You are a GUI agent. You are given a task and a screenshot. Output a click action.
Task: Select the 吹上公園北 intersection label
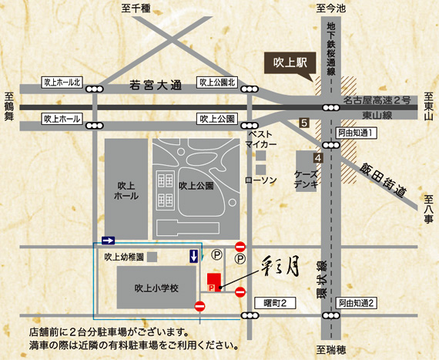[219, 81]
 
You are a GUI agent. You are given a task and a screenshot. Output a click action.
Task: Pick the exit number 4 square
[317, 157]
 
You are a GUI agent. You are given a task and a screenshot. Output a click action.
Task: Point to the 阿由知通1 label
[355, 133]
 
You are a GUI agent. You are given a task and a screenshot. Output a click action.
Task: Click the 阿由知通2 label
[356, 302]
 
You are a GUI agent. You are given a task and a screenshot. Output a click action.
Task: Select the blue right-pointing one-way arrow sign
[108, 239]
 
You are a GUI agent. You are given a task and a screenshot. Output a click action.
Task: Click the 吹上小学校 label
[156, 288]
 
